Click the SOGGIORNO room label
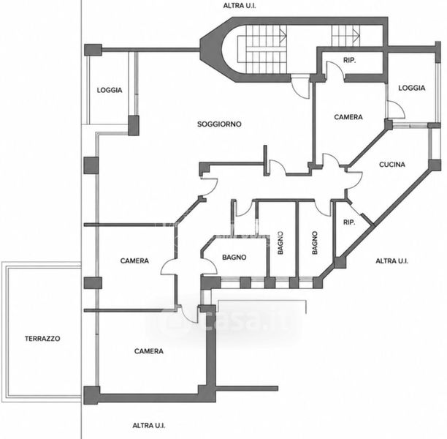point(219,124)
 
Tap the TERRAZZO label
point(42,339)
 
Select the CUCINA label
point(392,165)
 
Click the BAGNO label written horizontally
point(234,258)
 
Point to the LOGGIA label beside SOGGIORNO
point(110,90)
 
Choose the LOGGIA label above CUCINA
point(412,88)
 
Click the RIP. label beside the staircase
point(350,61)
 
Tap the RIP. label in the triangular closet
point(349,222)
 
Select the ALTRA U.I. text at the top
point(239,6)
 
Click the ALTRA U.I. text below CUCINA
point(392,260)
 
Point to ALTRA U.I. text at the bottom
point(149,426)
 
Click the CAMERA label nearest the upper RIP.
point(348,117)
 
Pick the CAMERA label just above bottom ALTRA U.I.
point(149,351)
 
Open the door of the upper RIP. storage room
point(335,70)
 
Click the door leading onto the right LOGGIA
point(396,109)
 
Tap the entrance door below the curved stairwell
point(300,86)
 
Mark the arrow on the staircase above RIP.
point(356,35)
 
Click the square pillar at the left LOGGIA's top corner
point(93,50)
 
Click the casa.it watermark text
point(225,320)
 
